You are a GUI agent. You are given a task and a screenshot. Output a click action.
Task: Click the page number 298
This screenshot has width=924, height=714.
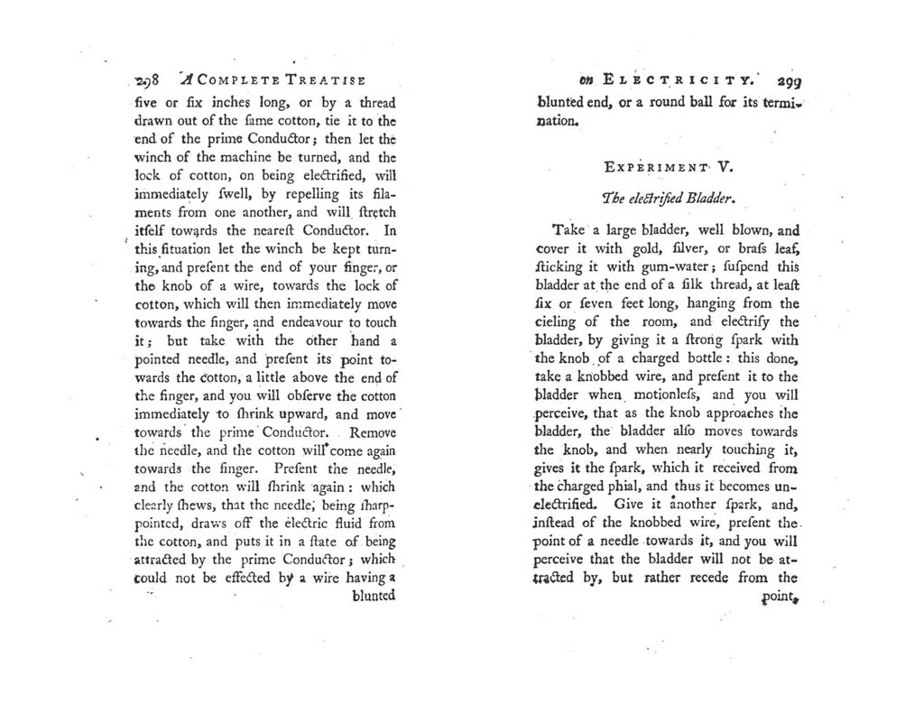(x=144, y=79)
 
